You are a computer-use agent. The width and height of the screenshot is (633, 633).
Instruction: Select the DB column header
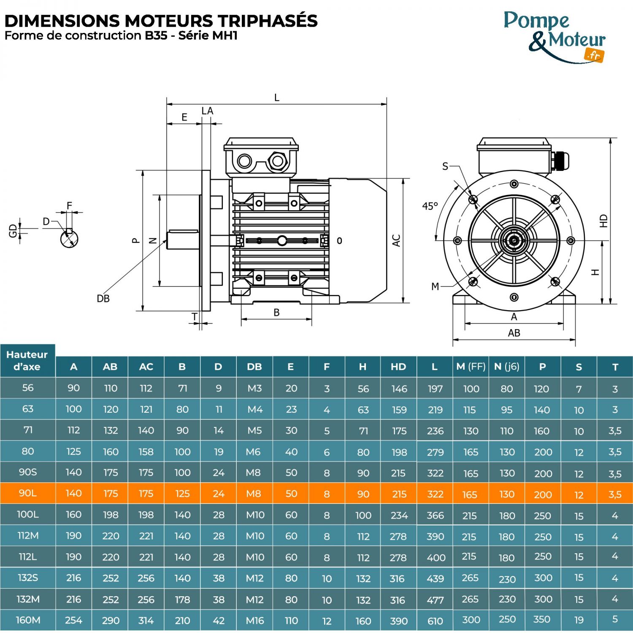click(254, 367)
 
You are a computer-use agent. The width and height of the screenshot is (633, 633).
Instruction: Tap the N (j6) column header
click(506, 367)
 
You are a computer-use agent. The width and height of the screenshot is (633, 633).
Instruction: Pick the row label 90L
click(28, 493)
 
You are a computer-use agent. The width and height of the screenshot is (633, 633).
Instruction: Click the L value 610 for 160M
click(435, 621)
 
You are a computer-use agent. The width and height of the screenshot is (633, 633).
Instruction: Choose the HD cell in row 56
click(399, 389)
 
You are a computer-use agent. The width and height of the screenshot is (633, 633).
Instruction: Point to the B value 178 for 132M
click(182, 600)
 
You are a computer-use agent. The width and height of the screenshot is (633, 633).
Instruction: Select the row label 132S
click(28, 578)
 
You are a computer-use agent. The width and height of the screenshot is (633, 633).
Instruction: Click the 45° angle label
click(430, 206)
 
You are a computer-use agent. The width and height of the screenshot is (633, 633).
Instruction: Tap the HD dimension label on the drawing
click(604, 221)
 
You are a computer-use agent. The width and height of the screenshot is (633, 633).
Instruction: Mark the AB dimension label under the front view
click(514, 333)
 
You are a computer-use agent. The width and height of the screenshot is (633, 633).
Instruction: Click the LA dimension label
click(207, 111)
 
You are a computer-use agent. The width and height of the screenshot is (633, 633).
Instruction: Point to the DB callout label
click(103, 299)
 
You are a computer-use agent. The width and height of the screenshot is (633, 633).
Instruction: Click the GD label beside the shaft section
click(13, 230)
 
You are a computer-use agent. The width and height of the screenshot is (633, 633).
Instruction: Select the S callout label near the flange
click(445, 166)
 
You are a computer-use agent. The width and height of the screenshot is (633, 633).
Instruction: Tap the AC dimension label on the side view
click(396, 241)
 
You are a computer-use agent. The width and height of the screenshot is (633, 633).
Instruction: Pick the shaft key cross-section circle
click(69, 239)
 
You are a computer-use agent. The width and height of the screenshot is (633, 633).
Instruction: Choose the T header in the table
click(615, 367)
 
